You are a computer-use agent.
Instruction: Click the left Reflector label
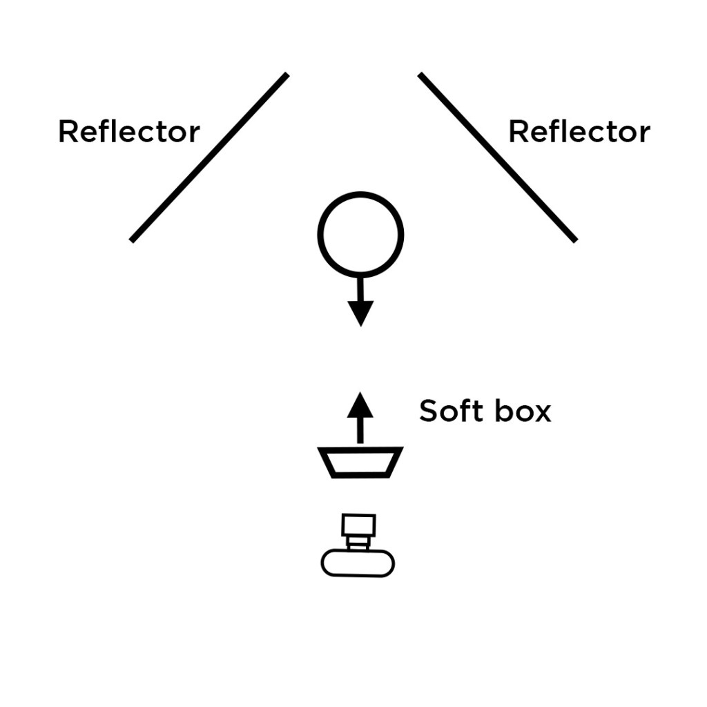click(129, 131)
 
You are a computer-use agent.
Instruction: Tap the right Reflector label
click(579, 131)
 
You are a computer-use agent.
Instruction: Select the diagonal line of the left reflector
click(209, 157)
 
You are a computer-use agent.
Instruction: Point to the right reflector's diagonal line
click(497, 157)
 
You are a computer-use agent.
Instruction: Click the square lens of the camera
click(358, 526)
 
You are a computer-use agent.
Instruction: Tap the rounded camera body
click(358, 563)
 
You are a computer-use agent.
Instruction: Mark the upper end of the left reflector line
click(286, 75)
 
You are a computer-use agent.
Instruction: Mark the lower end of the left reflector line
click(132, 240)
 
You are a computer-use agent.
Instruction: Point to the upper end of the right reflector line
click(420, 75)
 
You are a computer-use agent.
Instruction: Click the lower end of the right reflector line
click(574, 240)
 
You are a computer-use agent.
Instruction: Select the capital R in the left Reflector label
click(68, 131)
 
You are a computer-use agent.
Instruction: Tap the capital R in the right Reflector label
click(518, 131)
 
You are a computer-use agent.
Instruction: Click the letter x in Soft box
click(542, 413)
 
